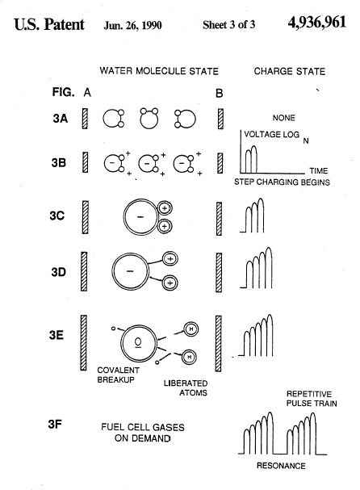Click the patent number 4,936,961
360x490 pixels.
pyautogui.click(x=317, y=23)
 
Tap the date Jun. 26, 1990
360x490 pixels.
pyautogui.click(x=132, y=25)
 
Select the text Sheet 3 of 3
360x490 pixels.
pyautogui.click(x=228, y=24)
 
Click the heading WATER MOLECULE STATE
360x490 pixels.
pyautogui.click(x=159, y=71)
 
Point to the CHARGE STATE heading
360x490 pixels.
pyautogui.click(x=290, y=71)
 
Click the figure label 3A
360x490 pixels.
pyautogui.click(x=61, y=119)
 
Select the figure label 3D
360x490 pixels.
pyautogui.click(x=58, y=272)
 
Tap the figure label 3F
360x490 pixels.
pyautogui.click(x=55, y=424)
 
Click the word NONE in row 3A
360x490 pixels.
pyautogui.click(x=284, y=118)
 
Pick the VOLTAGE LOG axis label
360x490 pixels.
pyautogui.click(x=271, y=134)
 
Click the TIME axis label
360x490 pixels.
pyautogui.click(x=319, y=170)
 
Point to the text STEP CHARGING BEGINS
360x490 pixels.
pyautogui.click(x=282, y=182)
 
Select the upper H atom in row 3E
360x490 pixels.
pyautogui.click(x=191, y=329)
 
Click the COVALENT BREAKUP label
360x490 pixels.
pyautogui.click(x=118, y=375)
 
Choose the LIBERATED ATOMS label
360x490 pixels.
pyautogui.click(x=186, y=387)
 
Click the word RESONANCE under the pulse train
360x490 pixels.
pyautogui.click(x=281, y=466)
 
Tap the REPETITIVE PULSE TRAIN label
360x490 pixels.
pyautogui.click(x=312, y=399)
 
